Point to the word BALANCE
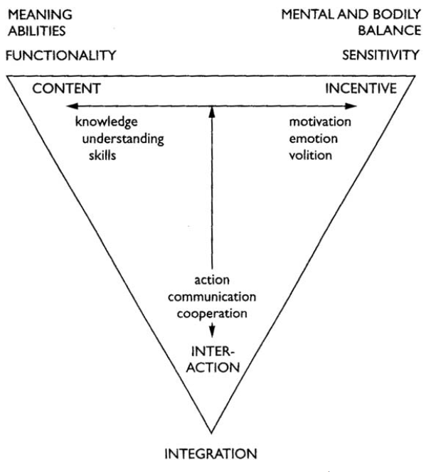click(395, 30)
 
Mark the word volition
click(311, 155)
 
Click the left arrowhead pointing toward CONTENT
click(66, 107)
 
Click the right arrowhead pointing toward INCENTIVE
click(353, 107)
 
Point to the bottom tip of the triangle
click(212, 431)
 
